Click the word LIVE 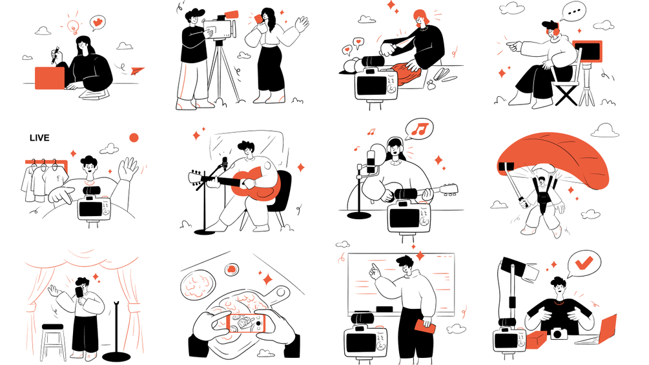[x=39, y=137]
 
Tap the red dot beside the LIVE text [x=134, y=137]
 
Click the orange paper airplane [x=138, y=71]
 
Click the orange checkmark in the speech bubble [x=584, y=262]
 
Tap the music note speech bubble [x=419, y=130]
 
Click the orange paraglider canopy [x=553, y=159]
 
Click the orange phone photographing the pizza [x=248, y=323]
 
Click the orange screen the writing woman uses [x=50, y=78]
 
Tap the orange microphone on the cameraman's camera [x=231, y=14]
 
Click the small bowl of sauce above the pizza [x=232, y=270]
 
